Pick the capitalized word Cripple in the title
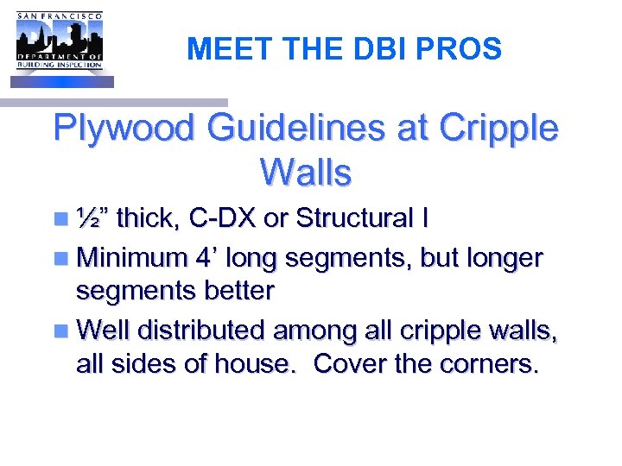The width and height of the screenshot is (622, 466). [x=499, y=129]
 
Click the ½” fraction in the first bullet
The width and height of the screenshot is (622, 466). [x=91, y=218]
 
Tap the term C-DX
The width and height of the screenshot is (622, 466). [x=223, y=218]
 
